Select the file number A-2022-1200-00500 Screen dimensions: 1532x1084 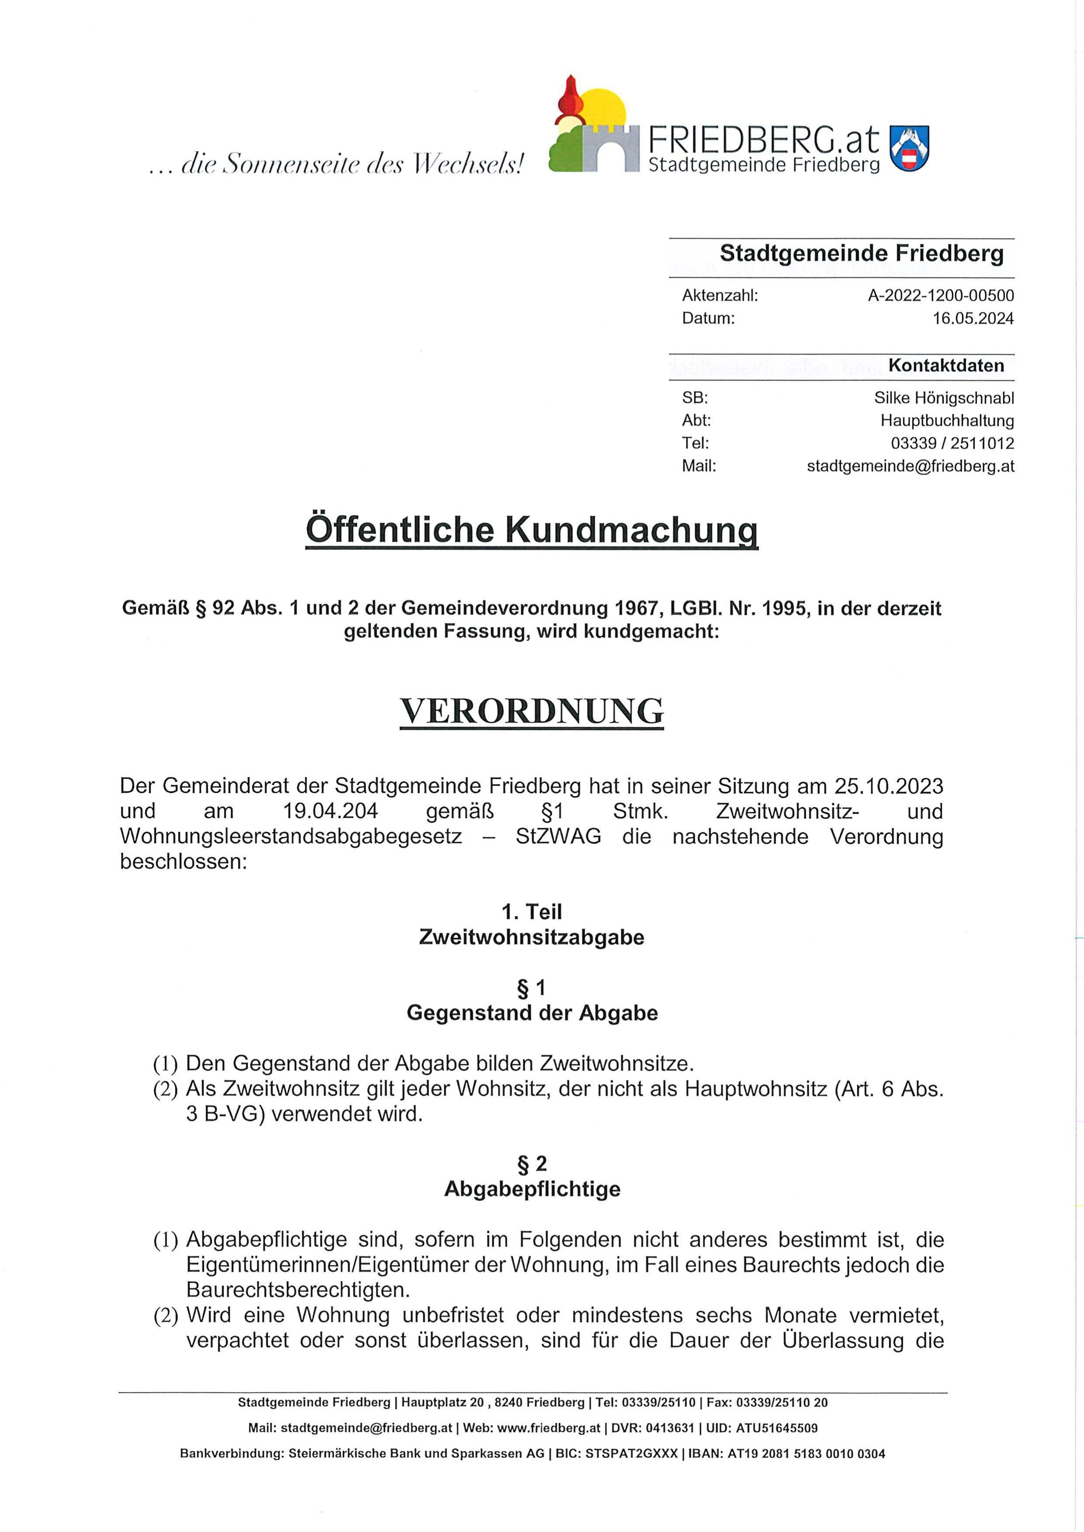pos(941,296)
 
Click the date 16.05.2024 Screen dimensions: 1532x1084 pos(973,318)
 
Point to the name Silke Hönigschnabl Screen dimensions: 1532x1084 pos(944,398)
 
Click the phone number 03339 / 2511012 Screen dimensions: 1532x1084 pos(952,443)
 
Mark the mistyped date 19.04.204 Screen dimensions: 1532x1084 pos(330,811)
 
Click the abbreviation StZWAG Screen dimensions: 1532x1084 pos(558,837)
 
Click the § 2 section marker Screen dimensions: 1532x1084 pos(532,1164)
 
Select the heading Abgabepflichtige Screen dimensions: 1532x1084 pos(532,1189)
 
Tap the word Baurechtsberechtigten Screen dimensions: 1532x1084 pos(298,1290)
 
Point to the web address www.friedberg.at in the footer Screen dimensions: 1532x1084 pos(549,1428)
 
